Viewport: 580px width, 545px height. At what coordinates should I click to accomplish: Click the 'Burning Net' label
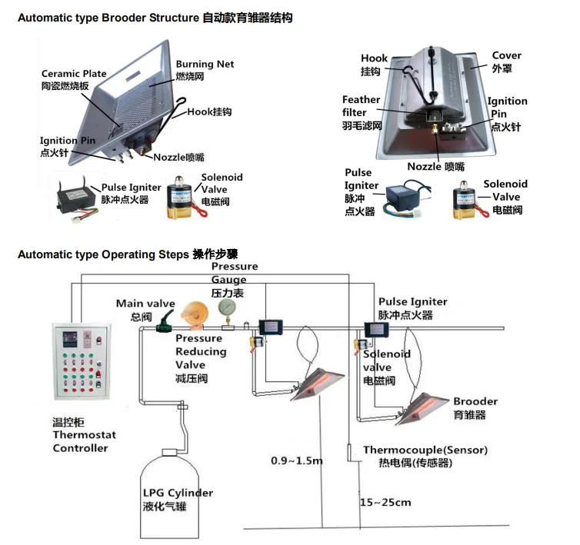205,65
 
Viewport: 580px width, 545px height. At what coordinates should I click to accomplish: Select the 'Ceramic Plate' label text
74,74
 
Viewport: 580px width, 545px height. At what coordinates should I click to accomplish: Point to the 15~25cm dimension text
385,503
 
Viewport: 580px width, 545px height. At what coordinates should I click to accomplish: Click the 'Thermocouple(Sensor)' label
425,450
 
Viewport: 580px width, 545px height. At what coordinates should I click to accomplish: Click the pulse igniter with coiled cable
402,198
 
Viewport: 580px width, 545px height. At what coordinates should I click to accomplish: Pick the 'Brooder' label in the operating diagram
475,401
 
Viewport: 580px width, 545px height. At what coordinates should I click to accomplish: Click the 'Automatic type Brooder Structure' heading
108,18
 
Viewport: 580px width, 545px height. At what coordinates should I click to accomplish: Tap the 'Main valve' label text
145,304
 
